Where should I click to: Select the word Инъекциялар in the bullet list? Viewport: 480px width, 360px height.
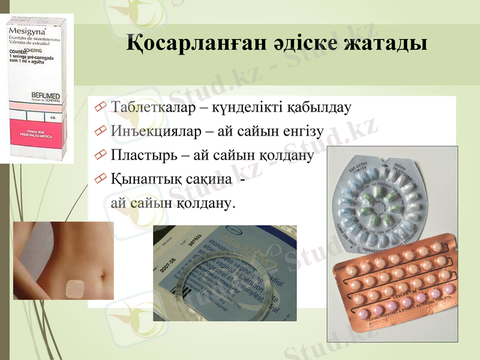coord(151,131)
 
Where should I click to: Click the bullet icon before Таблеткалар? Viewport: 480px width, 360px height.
coord(100,109)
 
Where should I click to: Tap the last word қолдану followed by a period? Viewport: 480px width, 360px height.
coord(204,203)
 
